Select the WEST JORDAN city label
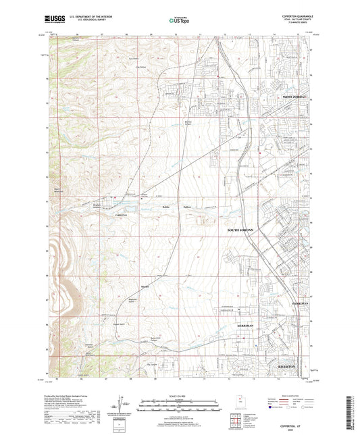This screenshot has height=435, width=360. [x=294, y=97]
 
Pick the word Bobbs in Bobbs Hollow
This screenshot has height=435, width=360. [x=167, y=205]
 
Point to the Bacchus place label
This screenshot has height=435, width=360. [x=144, y=286]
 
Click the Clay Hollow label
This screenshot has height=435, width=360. [x=140, y=67]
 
